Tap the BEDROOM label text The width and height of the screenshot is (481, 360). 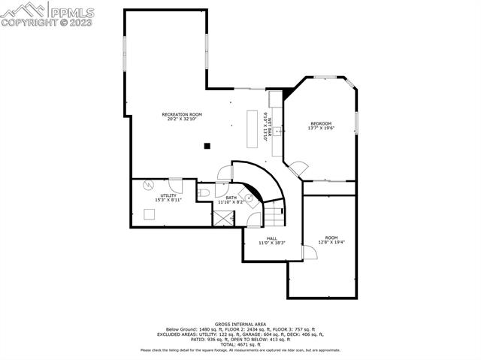coord(321,123)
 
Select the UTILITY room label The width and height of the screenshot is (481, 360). coord(167,195)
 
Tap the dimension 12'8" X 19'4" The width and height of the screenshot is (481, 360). coord(331,242)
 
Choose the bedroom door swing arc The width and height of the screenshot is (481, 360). coord(298,166)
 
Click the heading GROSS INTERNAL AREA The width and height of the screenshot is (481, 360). coord(240,323)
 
